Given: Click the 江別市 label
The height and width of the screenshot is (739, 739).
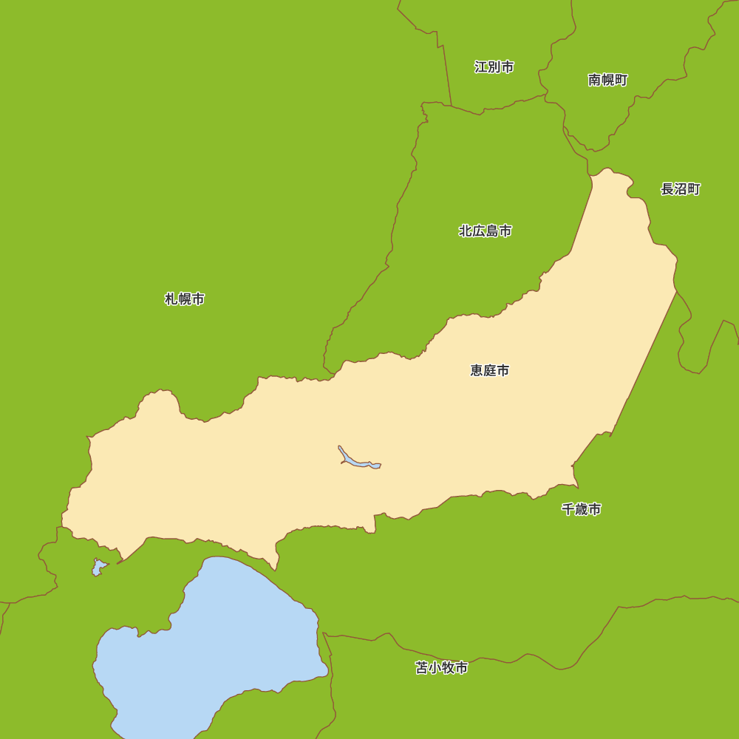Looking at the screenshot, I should point(494,67).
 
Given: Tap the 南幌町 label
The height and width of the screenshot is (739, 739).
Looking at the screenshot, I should point(607,80).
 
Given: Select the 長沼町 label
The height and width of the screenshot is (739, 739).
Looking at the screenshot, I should point(680,189).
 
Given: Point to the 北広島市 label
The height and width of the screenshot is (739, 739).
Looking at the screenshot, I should point(485,231).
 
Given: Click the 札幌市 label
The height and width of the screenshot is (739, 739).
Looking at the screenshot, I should point(184,299).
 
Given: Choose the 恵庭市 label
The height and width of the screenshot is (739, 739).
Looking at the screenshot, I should point(489,370).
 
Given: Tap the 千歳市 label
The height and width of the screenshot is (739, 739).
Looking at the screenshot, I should point(581,509).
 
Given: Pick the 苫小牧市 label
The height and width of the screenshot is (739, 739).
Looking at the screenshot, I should point(441,668).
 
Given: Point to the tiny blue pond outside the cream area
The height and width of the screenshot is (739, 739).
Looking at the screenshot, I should point(98,568).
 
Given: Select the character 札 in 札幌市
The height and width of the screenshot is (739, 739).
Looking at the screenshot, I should point(171,299).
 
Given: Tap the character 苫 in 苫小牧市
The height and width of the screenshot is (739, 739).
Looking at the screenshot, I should point(422,668).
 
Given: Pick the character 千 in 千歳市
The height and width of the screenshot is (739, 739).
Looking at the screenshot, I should point(568,509).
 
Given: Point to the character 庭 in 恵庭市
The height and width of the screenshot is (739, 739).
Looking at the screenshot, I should point(489,370).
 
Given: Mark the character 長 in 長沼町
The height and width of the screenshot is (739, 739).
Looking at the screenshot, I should point(667,189).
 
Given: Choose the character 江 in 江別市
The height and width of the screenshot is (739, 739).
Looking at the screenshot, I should point(481,67).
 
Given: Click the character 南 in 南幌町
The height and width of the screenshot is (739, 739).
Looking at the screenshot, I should point(595,80).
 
